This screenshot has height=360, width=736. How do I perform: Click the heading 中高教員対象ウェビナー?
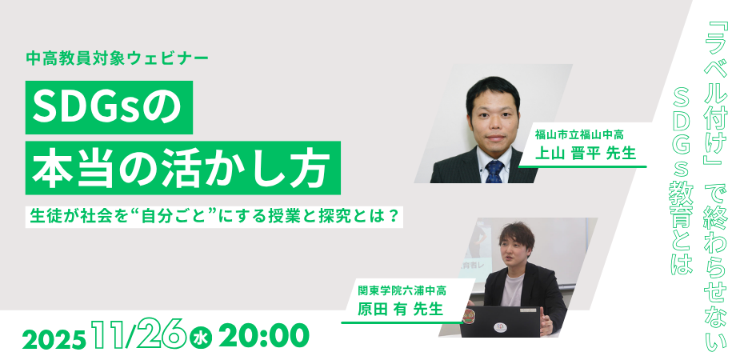pyautogui.click(x=118, y=58)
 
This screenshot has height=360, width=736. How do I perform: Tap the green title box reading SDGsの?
pyautogui.click(x=109, y=107)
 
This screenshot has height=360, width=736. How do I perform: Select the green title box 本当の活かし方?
pyautogui.click(x=183, y=167)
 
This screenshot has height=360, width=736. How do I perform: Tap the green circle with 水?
pyautogui.click(x=201, y=338)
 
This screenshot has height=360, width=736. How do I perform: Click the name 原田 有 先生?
pyautogui.click(x=400, y=310)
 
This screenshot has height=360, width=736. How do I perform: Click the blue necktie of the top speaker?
pyautogui.click(x=494, y=171)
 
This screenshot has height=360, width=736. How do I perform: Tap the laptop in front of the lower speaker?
pyautogui.click(x=501, y=322)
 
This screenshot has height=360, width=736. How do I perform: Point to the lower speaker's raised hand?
pyautogui.click(x=547, y=323)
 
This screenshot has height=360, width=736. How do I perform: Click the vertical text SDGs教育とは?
pyautogui.click(x=682, y=175)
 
